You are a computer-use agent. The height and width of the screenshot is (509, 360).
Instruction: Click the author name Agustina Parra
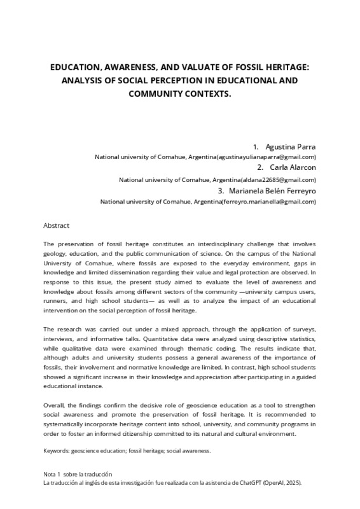coord(290,146)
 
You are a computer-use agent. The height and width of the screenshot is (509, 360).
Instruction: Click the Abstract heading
coord(56,225)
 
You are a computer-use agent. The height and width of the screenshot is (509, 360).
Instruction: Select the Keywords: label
coord(59,450)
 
